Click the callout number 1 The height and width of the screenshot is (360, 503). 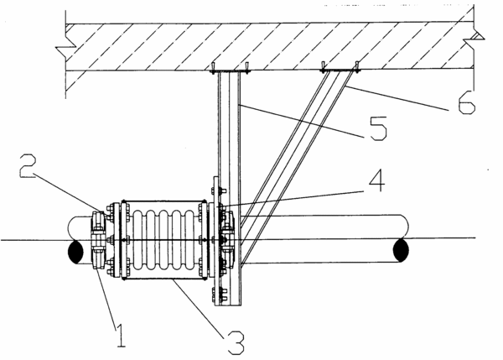121,336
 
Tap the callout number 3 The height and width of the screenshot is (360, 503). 236,343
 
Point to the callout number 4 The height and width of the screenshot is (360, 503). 376,180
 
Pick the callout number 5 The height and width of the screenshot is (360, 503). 379,128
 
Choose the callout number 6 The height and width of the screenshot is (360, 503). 466,102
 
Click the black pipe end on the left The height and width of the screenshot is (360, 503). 75,252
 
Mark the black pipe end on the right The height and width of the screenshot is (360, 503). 401,250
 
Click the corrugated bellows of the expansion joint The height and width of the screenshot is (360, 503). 163,240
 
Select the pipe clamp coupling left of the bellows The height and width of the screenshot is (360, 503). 98,240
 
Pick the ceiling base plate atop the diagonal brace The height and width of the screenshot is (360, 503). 340,70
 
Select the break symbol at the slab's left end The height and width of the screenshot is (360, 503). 65,49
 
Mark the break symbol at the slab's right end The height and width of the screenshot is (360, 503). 474,39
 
